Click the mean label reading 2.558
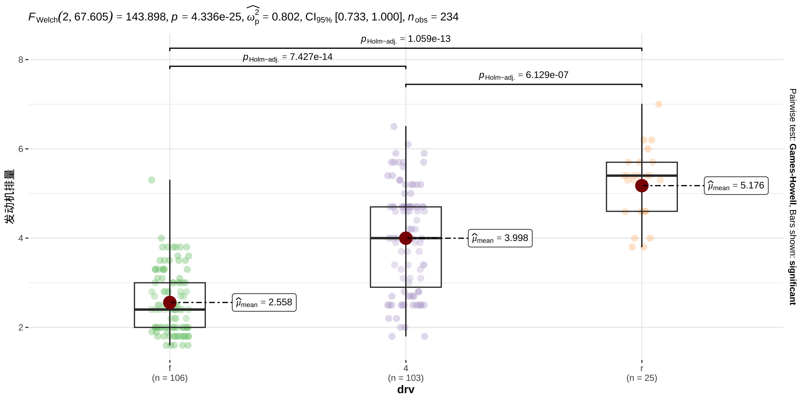(x=264, y=302)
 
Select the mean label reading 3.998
(x=500, y=238)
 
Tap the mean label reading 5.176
(x=736, y=185)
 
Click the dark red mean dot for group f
(x=170, y=302)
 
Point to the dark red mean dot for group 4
(x=406, y=238)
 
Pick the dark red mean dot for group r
(x=642, y=185)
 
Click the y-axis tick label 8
(x=20, y=60)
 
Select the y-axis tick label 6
(x=20, y=149)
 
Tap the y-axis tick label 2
(x=20, y=327)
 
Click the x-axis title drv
(x=406, y=390)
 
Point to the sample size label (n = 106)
(x=170, y=378)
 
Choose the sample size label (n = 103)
(x=406, y=378)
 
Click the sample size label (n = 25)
(x=642, y=378)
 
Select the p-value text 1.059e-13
(x=429, y=39)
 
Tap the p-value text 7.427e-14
(x=311, y=57)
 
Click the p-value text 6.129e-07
(x=547, y=75)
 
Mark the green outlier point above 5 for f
(x=152, y=180)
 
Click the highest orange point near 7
(x=659, y=104)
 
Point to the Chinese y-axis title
(x=10, y=196)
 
